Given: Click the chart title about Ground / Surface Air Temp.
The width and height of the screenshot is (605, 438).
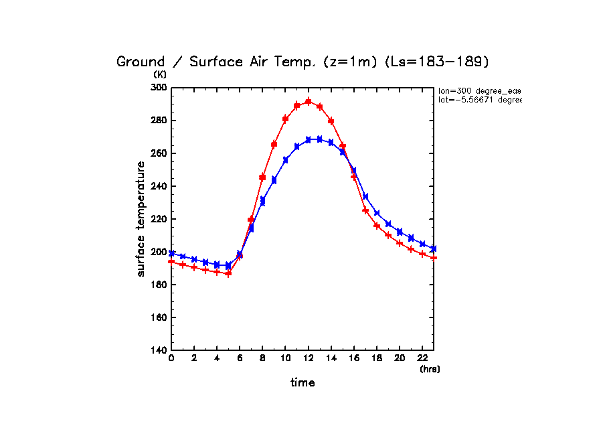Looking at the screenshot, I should [x=303, y=62].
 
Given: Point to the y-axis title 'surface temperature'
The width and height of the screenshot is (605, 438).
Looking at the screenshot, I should [x=141, y=218].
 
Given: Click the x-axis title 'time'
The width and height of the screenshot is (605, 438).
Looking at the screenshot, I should [x=302, y=382].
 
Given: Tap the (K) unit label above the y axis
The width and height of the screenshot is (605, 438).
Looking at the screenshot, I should [x=160, y=74].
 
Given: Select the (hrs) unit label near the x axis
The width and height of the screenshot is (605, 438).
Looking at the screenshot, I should [x=430, y=368].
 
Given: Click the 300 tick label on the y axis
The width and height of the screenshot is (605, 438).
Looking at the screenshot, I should [x=159, y=88].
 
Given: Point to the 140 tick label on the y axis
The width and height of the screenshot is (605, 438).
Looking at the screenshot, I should [x=159, y=350].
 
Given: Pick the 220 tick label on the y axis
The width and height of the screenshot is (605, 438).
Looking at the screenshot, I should [x=159, y=219].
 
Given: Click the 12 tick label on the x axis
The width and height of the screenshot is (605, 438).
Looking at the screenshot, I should [x=308, y=359].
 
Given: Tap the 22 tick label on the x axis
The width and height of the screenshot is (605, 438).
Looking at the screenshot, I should [x=422, y=359].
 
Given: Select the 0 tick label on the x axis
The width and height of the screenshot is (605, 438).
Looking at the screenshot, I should [x=171, y=359].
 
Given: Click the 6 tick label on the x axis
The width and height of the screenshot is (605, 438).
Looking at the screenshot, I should [x=240, y=359].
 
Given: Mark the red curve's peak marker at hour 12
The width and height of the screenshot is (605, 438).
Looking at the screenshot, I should [x=308, y=102].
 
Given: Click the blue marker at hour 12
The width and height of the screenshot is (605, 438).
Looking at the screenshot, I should [x=308, y=139].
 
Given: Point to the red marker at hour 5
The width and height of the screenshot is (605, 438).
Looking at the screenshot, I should [x=228, y=273].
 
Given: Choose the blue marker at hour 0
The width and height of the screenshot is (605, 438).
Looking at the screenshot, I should [x=171, y=254].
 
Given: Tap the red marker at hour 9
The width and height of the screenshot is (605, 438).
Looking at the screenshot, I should [x=274, y=145].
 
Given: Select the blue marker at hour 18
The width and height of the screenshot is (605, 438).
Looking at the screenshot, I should [x=377, y=213].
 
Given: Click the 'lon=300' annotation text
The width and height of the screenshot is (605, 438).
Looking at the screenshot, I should [x=479, y=90].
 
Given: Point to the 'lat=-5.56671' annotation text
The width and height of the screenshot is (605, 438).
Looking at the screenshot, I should [x=479, y=100].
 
